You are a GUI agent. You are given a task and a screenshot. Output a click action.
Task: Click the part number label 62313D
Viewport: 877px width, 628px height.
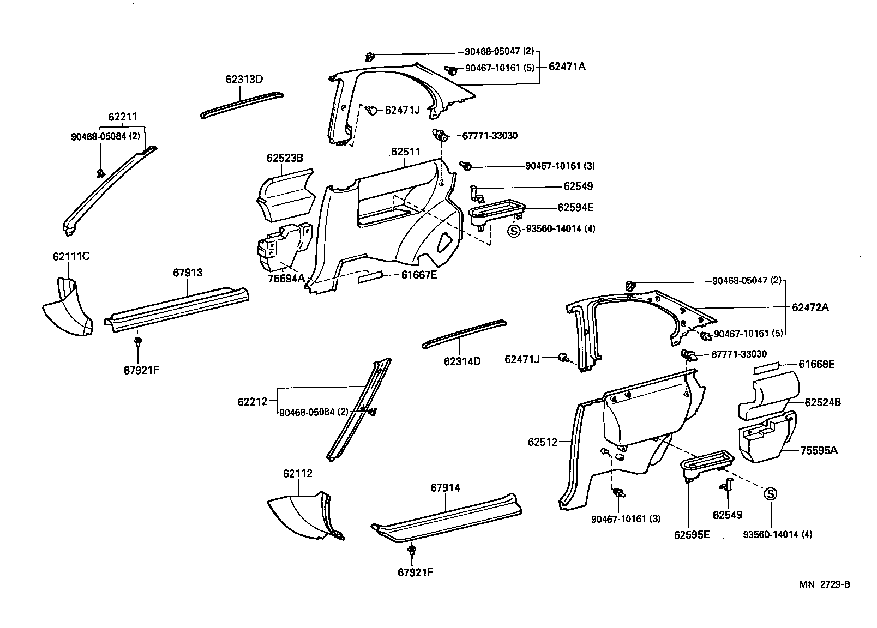244,80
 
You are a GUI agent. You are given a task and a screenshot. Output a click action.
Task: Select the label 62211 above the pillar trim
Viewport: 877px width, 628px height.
123,117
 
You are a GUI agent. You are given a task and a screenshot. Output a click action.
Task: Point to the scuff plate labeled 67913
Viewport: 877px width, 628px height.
180,308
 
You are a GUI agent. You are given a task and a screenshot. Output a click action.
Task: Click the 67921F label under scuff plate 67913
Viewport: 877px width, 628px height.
141,370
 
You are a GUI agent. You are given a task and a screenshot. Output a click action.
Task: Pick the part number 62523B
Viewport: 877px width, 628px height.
285,159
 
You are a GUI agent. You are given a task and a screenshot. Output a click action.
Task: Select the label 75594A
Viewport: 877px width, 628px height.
286,279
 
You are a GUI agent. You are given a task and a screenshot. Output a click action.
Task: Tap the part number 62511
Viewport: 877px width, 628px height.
405,152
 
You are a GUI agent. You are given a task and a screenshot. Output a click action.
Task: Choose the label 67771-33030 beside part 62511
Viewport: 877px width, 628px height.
490,136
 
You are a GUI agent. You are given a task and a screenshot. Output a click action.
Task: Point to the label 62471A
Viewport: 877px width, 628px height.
567,67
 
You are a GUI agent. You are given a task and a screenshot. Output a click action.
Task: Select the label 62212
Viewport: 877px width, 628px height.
252,402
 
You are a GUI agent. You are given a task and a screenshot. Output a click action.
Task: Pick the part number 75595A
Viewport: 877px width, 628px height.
819,450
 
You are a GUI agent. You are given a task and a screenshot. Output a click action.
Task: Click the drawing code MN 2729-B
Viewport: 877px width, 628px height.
825,585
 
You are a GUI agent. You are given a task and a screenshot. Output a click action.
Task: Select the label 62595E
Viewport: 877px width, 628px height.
692,535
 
